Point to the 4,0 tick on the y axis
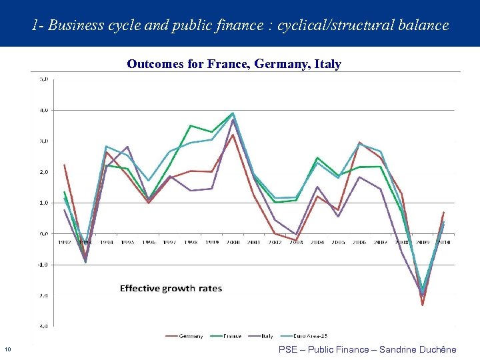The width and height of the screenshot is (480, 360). point(43,109)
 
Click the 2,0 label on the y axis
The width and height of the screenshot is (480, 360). point(43,171)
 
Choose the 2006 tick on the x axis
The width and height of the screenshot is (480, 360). point(359,242)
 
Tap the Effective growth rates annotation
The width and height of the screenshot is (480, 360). point(171,289)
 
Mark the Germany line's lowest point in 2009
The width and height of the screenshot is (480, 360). point(422,305)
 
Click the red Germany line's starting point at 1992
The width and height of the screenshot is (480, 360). point(64,165)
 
